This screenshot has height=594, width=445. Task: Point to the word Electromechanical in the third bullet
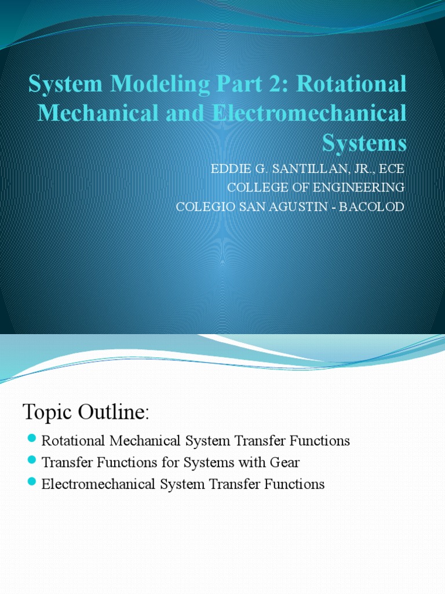[93, 484]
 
